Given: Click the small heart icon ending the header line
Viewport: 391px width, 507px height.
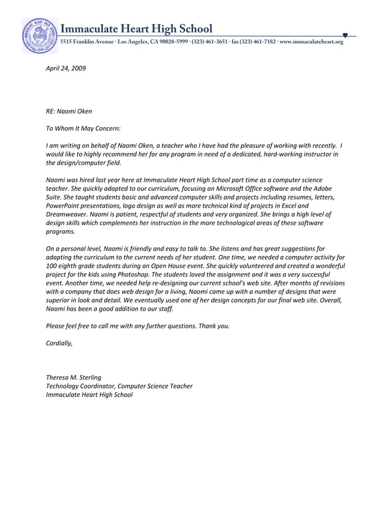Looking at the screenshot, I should [346, 35].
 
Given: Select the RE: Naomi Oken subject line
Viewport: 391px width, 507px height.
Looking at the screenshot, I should [69, 112].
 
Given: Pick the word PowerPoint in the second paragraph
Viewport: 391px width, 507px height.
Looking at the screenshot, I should [65, 206].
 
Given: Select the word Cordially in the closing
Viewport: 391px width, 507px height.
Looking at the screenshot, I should [59, 343].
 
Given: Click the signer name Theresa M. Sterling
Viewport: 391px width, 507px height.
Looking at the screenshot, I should [74, 377].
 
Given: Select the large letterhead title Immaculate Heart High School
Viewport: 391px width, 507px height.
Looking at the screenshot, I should [137, 29].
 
